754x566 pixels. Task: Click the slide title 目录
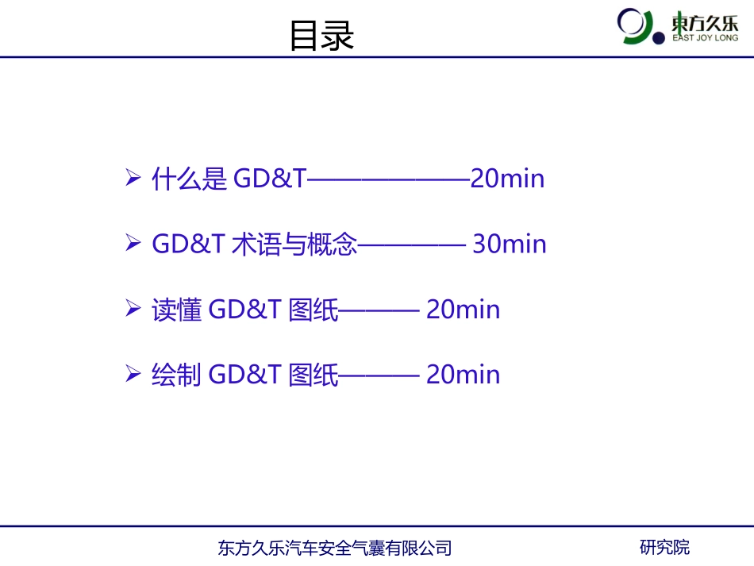(x=321, y=36)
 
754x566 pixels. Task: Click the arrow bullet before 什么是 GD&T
(x=133, y=178)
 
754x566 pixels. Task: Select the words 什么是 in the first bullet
(x=189, y=179)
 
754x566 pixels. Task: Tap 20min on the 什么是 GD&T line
(x=507, y=179)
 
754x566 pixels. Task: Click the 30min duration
(x=510, y=244)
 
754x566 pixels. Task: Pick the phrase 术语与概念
(x=294, y=244)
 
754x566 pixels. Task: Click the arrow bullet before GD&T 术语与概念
(x=133, y=243)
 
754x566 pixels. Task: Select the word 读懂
(x=176, y=309)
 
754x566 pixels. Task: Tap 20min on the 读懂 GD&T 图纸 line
(x=463, y=309)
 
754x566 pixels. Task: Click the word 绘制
(x=176, y=374)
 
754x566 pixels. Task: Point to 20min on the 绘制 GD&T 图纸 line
(x=463, y=374)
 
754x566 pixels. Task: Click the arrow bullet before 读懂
(x=133, y=308)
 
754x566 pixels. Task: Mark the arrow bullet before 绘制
(x=133, y=373)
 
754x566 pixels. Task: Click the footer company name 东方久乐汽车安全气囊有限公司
(x=334, y=548)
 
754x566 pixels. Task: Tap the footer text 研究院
(x=664, y=547)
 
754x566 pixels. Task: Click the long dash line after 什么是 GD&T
(x=388, y=179)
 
